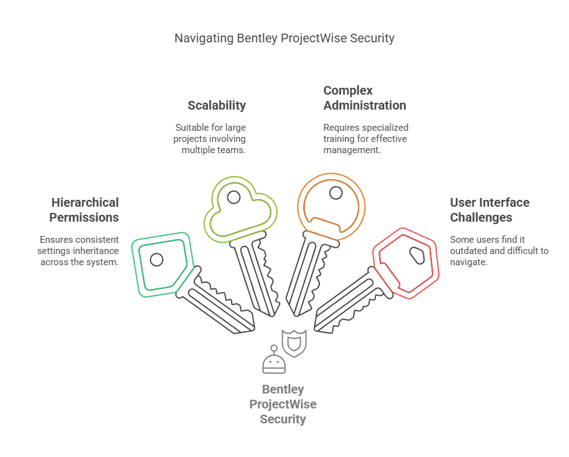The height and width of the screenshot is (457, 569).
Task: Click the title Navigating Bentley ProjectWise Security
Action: coord(284,39)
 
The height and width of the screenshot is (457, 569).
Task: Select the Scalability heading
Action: coord(217,105)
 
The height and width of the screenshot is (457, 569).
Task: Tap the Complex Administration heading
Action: coord(365,98)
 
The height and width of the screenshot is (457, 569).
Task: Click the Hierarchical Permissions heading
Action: coord(85,210)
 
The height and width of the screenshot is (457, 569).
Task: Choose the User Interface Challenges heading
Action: coord(490,210)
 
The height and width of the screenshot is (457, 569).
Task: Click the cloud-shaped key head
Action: coord(240,208)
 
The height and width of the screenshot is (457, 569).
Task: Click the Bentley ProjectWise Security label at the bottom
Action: coord(283,404)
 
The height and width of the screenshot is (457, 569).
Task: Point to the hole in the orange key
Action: coord(336,192)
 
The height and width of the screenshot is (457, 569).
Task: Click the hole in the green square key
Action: coord(157,259)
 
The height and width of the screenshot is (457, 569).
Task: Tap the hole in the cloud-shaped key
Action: coord(233,197)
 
